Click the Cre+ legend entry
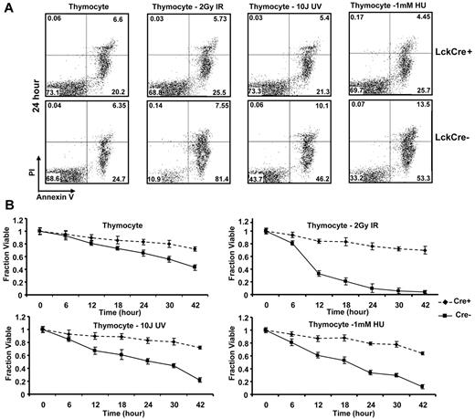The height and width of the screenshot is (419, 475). [448, 297]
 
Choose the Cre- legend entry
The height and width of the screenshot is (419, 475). [448, 312]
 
